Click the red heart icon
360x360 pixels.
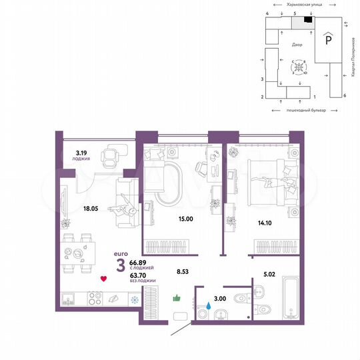coord(103,279)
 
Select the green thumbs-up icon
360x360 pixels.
coord(177,299)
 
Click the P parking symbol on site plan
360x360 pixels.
coord(328,41)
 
